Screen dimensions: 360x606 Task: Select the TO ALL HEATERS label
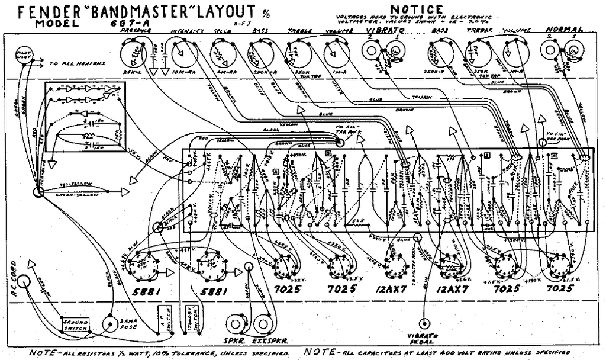pos(77,63)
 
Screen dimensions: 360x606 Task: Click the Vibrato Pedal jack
pos(425,323)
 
